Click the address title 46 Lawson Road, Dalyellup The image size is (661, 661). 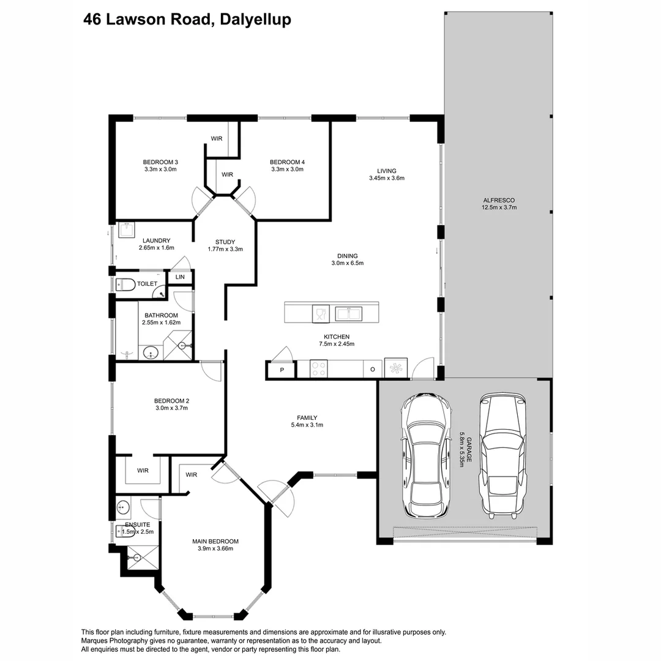click(187, 20)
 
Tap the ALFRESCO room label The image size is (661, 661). click(499, 200)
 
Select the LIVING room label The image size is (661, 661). click(387, 171)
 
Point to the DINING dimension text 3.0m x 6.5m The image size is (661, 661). click(348, 263)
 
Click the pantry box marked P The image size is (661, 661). click(282, 370)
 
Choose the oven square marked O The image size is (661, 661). click(373, 369)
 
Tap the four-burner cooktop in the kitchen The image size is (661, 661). click(318, 368)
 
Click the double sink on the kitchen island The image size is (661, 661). click(348, 313)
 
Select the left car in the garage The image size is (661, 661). click(426, 455)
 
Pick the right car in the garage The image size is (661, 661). click(503, 456)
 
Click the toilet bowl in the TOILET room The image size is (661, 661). click(125, 285)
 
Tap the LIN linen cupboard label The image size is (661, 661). click(180, 277)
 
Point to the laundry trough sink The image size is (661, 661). click(127, 230)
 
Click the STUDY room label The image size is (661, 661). click(225, 242)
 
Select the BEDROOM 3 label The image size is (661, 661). click(160, 162)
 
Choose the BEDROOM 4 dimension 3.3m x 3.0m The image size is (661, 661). click(287, 169)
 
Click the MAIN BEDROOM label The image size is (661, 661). click(215, 541)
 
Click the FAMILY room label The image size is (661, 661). click(307, 418)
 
